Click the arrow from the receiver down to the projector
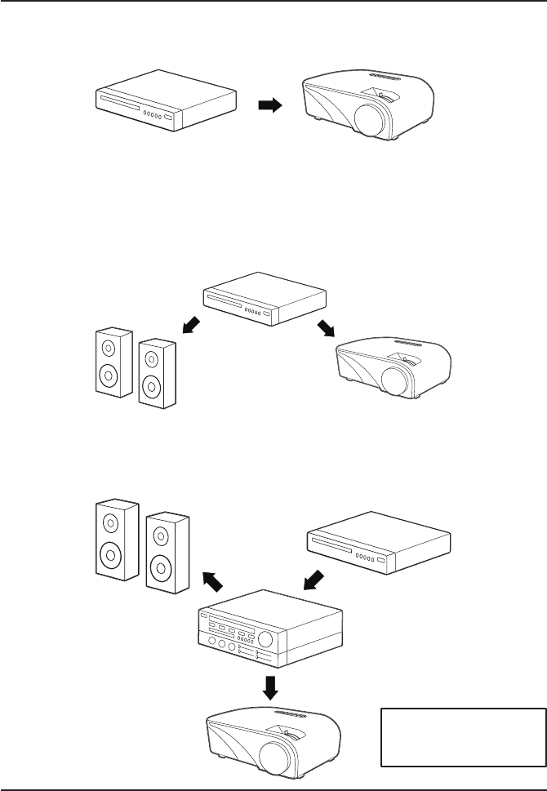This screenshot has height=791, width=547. (x=272, y=687)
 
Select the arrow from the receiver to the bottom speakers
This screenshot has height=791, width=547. (x=211, y=581)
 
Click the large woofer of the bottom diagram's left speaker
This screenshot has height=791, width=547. (x=107, y=558)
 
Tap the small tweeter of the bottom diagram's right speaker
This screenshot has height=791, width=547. (x=160, y=536)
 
